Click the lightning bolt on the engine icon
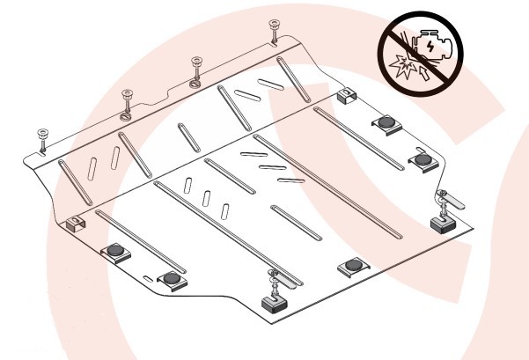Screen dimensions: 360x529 coord(427,41)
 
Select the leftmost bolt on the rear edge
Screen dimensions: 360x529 coord(41,139)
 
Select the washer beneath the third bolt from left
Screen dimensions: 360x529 coord(195,84)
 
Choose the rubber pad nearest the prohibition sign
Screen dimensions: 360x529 coord(387,122)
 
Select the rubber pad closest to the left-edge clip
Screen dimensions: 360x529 coord(115,253)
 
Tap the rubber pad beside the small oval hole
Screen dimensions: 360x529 coord(173,279)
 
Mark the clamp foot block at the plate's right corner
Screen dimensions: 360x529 coord(443,222)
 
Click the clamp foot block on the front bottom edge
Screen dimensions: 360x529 coord(276,304)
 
